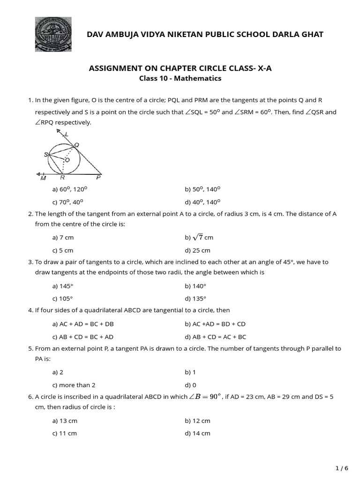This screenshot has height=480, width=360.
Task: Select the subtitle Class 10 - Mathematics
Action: tap(180, 78)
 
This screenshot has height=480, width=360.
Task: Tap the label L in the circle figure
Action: tap(66, 135)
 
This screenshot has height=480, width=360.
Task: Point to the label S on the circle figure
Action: tap(46, 154)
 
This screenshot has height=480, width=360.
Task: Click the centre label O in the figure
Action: tap(67, 160)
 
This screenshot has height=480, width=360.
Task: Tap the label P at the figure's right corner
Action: tap(98, 178)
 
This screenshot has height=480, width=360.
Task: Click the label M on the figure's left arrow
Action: tap(43, 178)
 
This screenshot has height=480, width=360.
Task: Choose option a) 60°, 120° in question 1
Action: tap(70, 189)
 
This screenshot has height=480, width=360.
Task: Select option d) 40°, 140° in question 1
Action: tap(202, 202)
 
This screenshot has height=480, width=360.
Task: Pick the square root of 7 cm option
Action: tap(199, 238)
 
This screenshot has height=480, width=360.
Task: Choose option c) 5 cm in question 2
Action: tap(63, 250)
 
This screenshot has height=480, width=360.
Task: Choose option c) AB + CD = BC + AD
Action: tap(83, 337)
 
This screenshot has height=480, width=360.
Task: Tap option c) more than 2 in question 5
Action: tap(74, 385)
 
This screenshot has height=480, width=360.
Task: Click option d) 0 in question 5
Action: tap(191, 385)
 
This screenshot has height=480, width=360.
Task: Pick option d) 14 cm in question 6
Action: tap(198, 433)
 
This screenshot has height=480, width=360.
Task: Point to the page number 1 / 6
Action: tap(342, 468)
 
